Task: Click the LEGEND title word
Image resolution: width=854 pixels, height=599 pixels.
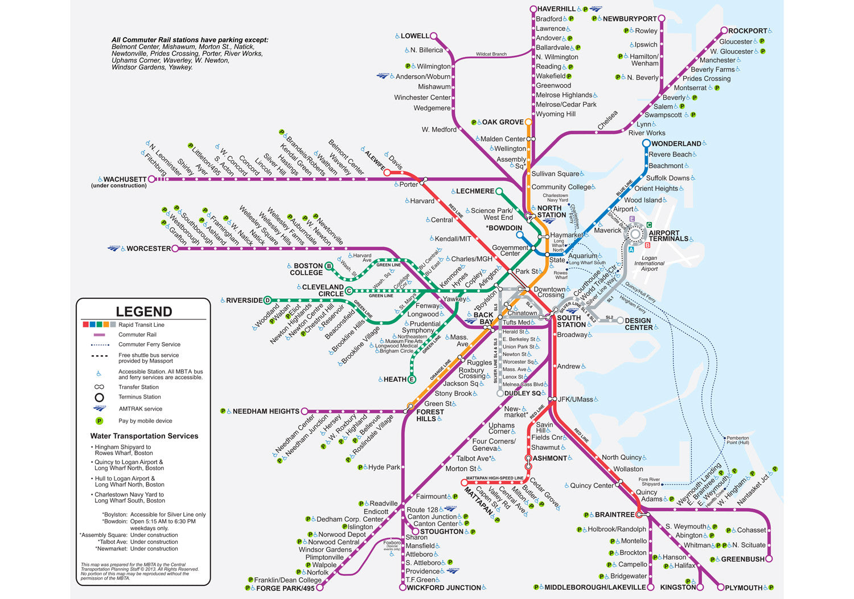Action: click(143, 311)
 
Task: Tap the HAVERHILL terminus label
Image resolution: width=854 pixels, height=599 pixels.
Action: click(556, 9)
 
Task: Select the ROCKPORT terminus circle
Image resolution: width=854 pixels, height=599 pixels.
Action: click(724, 31)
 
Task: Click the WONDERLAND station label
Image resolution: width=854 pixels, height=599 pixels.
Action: click(676, 144)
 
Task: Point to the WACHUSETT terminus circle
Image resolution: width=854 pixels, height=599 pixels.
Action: click(151, 179)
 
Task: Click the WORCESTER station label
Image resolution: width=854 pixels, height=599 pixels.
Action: click(148, 249)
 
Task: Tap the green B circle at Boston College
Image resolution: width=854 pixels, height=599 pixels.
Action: click(329, 266)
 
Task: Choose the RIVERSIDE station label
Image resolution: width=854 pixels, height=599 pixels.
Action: click(244, 301)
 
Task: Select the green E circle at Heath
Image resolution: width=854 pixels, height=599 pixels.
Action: click(412, 379)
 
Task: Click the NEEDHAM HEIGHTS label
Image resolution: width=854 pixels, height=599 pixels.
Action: click(265, 411)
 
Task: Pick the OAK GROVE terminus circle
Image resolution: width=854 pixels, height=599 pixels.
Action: click(528, 122)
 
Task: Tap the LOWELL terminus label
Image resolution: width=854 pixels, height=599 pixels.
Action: click(414, 36)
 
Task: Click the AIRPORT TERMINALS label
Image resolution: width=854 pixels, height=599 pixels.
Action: click(668, 236)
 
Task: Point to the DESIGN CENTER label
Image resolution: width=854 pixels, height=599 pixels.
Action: click(638, 324)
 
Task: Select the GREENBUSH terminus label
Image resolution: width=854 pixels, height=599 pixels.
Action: click(742, 559)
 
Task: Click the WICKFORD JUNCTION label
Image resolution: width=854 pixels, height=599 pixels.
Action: click(444, 588)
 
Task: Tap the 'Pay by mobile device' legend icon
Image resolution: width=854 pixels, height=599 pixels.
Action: click(99, 421)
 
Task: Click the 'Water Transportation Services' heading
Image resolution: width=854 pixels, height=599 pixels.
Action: click(144, 436)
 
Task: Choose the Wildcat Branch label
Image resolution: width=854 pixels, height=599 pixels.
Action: click(491, 54)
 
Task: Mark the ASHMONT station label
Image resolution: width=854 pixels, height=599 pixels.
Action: click(549, 458)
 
